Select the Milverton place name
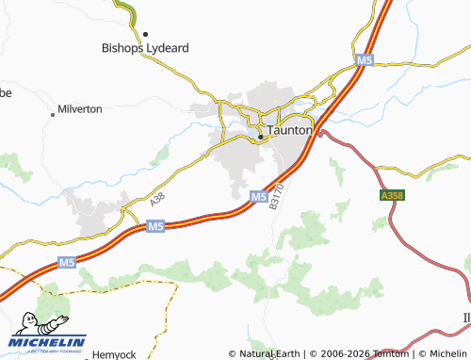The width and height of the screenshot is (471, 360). click(80, 109)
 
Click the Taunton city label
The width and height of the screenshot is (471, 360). click(289, 131)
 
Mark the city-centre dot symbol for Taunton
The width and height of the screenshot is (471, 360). click(261, 138)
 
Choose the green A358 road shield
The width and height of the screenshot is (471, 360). click(392, 195)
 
